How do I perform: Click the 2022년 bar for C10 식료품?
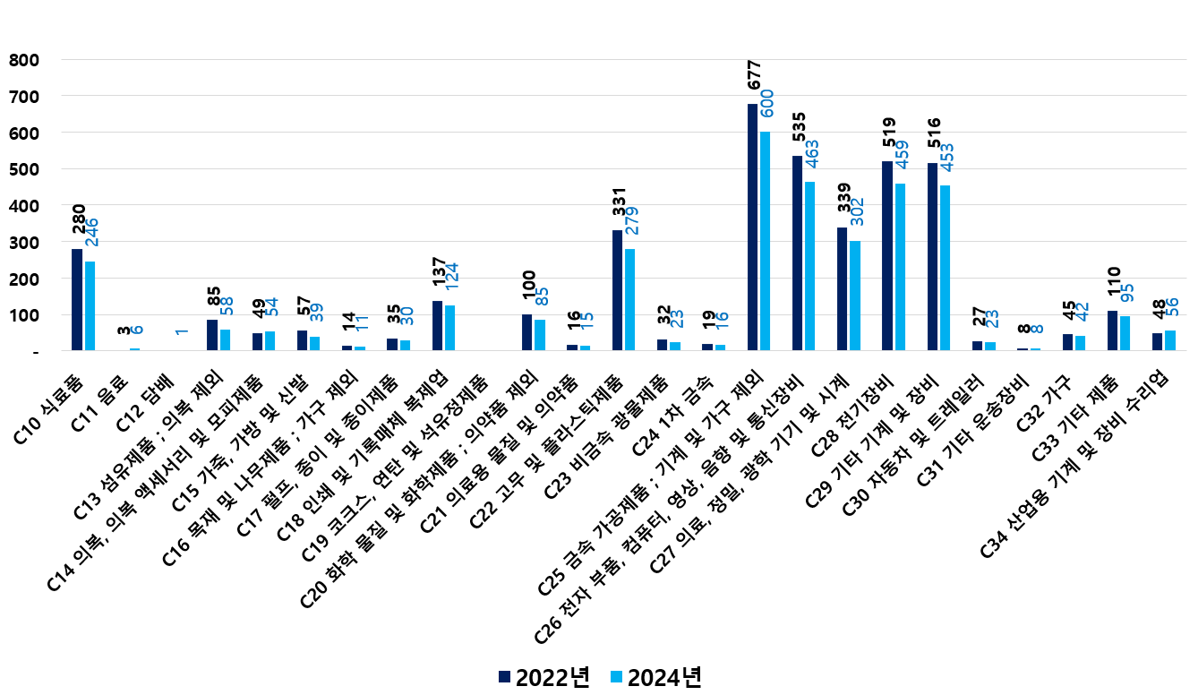click(77, 300)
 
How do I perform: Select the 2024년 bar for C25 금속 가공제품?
click(765, 242)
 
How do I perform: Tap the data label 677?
click(753, 75)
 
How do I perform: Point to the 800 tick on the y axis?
click(24, 60)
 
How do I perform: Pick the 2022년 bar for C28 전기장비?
click(887, 256)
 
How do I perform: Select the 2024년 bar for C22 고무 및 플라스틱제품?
click(630, 300)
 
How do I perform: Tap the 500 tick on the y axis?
click(24, 169)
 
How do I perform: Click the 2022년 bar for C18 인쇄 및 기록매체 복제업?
click(438, 326)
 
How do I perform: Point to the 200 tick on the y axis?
click(24, 279)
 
